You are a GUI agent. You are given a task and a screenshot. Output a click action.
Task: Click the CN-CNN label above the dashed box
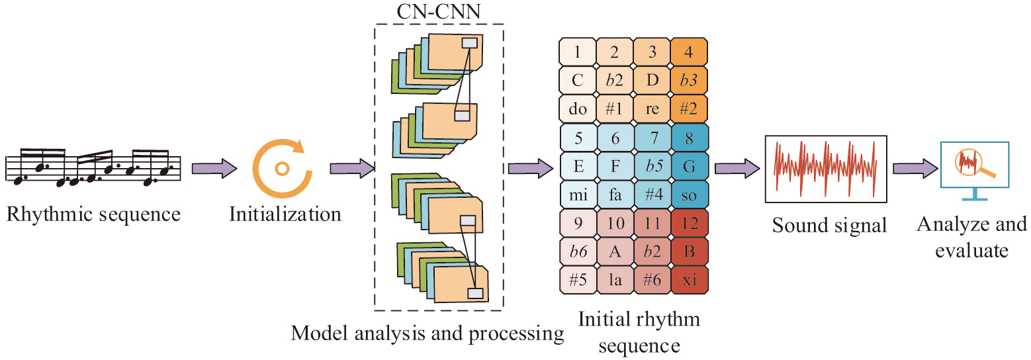(439, 13)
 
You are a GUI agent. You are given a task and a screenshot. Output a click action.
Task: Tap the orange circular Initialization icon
(281, 169)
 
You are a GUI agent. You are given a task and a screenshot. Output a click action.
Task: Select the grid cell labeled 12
(690, 223)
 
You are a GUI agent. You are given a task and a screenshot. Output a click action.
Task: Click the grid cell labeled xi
(690, 279)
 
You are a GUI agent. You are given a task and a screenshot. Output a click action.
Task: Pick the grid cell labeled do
(578, 108)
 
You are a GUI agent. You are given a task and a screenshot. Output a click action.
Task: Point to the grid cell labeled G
(690, 165)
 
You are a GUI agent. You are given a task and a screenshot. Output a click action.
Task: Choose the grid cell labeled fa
(615, 195)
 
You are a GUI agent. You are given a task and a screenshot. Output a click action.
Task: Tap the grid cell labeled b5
(652, 165)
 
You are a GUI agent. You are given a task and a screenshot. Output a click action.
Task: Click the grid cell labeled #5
(578, 279)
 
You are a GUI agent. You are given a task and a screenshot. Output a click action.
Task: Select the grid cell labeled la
(615, 279)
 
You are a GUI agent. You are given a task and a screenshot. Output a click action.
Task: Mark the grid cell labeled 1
(578, 52)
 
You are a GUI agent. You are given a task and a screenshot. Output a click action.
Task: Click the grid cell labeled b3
(690, 80)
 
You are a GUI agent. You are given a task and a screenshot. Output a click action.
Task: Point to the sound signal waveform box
(826, 169)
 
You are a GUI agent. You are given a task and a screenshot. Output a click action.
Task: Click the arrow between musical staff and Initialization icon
(214, 168)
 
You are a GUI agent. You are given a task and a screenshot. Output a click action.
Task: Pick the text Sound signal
(829, 226)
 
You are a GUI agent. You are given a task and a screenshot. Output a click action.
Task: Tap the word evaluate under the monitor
(972, 250)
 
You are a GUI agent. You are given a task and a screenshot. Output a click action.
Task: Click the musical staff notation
(93, 167)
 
